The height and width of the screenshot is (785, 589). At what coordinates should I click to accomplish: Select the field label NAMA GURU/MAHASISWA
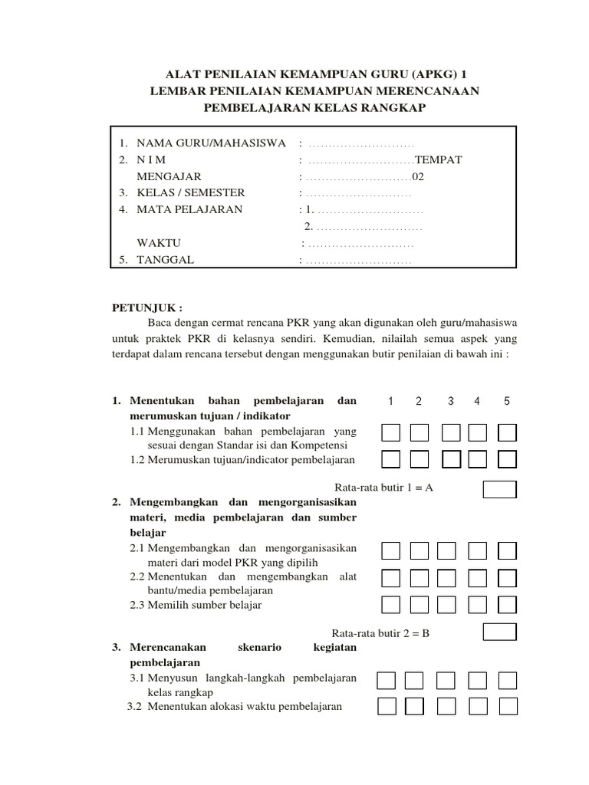pos(211,143)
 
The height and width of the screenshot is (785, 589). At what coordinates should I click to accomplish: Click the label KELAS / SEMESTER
pos(191,192)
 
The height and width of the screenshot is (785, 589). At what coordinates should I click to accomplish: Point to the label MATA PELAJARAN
pos(189,209)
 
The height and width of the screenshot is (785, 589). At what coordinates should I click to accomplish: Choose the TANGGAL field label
pos(165,260)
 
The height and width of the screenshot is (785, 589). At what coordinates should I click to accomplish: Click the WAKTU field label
pos(158,243)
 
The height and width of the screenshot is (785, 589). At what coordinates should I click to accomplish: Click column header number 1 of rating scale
pos(391,402)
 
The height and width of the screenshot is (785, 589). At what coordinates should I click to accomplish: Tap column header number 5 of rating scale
pos(507,402)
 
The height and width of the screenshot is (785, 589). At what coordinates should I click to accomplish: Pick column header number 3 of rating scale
pos(450,402)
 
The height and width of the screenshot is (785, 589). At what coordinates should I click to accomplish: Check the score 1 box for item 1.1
pos(391,433)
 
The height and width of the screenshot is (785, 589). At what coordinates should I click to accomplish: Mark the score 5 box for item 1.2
pos(507,459)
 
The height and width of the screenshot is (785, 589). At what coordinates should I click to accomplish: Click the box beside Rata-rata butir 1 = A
pos(499,489)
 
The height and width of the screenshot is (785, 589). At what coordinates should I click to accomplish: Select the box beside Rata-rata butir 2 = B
pos(499,631)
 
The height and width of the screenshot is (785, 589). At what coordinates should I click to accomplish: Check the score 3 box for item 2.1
pos(447,550)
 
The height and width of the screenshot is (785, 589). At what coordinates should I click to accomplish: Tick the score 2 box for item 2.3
pos(419,604)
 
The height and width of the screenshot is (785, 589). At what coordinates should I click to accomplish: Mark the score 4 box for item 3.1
pos(477,681)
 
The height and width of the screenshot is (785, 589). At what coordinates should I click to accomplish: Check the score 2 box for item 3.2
pos(414,706)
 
